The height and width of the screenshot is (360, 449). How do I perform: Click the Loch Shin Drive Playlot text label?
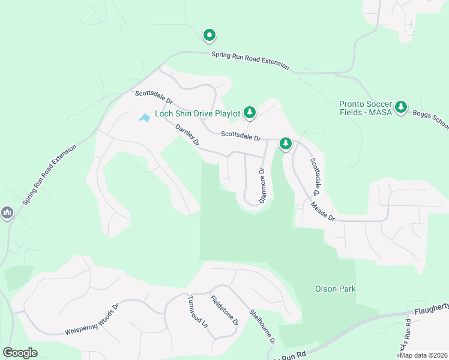[x=197, y=113]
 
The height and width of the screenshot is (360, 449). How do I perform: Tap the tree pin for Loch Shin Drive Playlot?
[x=249, y=112]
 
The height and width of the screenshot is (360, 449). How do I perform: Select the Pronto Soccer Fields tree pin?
[x=401, y=107]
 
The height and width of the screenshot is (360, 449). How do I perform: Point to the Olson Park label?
[x=335, y=289]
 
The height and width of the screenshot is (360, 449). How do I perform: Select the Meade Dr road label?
[x=322, y=211]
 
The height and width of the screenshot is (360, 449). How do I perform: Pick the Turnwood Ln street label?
[x=197, y=311]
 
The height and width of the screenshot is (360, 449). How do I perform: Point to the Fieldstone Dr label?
[x=224, y=310]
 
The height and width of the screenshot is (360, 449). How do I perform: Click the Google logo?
[x=20, y=353]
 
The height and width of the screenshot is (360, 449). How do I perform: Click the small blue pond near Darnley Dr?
[x=144, y=118]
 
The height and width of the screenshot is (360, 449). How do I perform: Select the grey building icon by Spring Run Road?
[x=7, y=212]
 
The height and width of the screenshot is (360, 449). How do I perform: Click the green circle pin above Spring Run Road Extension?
[x=209, y=36]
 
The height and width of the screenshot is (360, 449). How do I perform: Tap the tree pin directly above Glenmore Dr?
[x=286, y=143]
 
